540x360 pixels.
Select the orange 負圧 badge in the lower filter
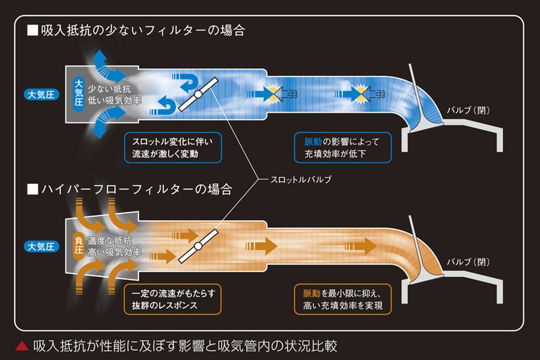77,245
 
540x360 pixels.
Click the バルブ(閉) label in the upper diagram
467,110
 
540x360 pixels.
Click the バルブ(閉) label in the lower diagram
467,262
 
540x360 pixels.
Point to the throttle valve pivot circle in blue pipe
198,95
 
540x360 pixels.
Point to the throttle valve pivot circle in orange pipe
198,246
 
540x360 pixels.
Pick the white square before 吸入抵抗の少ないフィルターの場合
32,31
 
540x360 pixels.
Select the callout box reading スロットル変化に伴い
173,148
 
